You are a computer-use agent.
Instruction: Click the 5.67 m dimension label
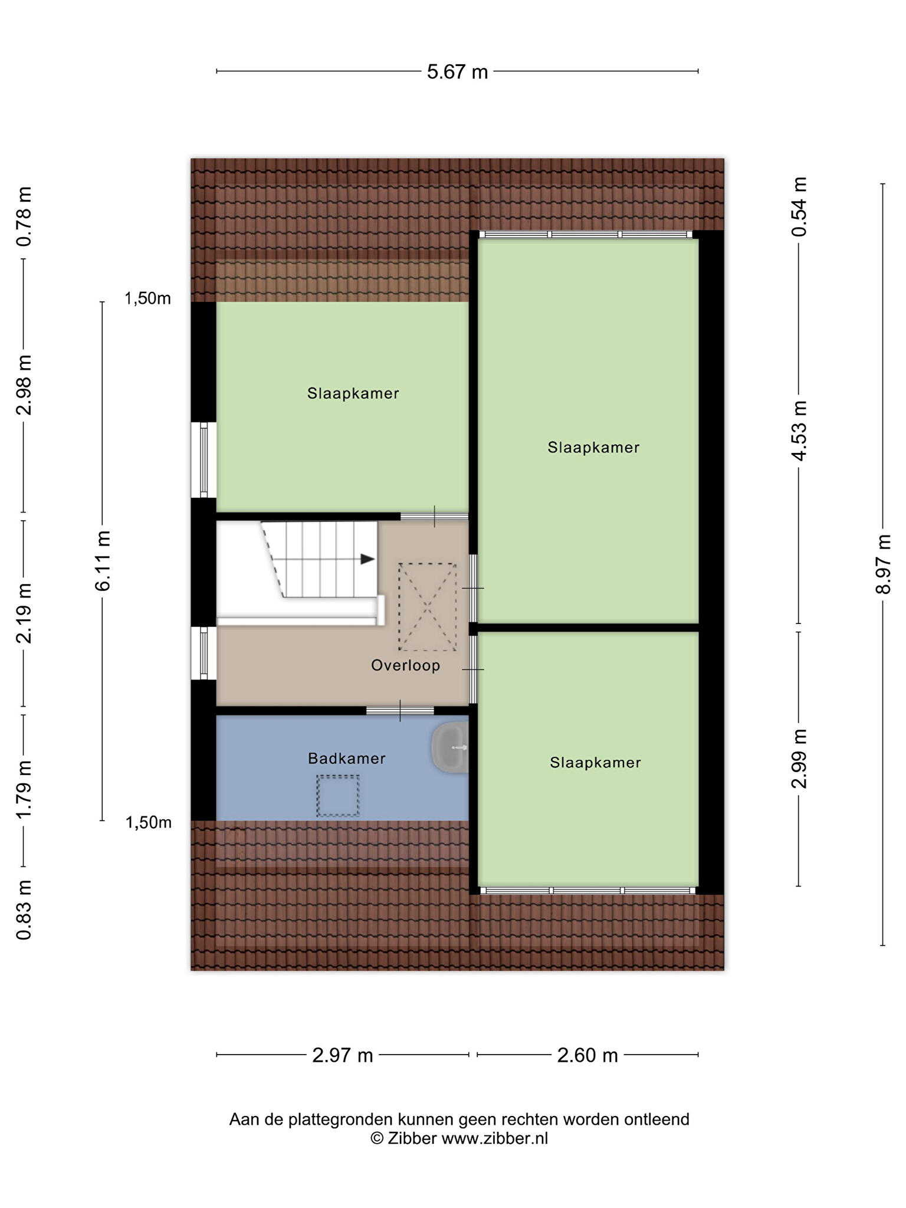pos(457,72)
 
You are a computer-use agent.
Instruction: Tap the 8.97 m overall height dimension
pos(883,564)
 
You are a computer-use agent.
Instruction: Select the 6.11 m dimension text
pos(103,560)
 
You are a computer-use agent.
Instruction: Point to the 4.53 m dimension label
pos(799,431)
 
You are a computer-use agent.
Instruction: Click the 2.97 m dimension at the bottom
pos(343,1055)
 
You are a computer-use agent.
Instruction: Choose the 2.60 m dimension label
pos(587,1055)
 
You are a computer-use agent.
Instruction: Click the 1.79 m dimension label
pos(24,789)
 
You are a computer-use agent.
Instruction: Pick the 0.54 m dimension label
pos(799,206)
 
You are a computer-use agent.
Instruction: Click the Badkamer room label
pos(347,759)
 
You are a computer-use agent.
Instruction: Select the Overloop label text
pos(406,666)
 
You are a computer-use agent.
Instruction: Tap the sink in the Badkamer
pos(451,748)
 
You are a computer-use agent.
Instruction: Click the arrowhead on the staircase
pos(367,559)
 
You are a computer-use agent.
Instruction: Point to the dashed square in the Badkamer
pos(338,796)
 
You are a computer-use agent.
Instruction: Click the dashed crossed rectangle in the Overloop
pos(428,607)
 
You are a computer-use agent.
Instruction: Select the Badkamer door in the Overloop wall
pos(400,711)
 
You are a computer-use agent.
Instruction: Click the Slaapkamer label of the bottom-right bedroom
pos(595,763)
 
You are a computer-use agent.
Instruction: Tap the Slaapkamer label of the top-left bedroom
pos(353,393)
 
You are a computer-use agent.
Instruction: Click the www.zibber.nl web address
pos(495,1138)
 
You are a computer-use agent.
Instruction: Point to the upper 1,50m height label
pos(147,299)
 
